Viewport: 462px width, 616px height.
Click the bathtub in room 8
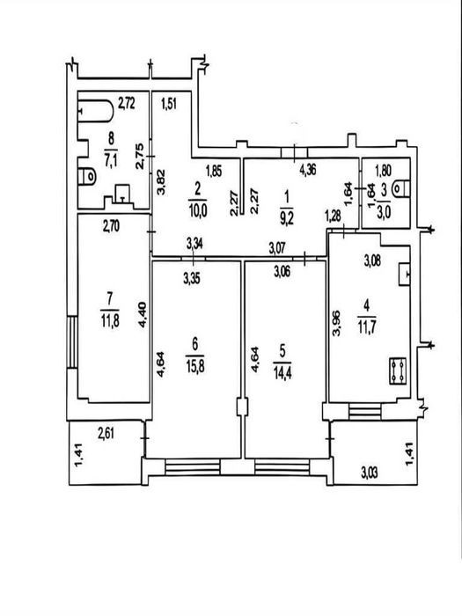pos(95,112)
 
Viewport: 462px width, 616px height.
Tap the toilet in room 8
pos(87,177)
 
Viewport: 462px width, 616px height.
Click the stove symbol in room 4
pos(398,370)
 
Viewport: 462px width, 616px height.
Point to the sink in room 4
pos(404,274)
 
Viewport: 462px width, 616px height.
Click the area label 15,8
pos(195,367)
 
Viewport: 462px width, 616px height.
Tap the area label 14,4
pos(282,372)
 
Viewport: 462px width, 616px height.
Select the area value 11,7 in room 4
pos(367,326)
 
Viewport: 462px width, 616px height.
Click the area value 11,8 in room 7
pos(110,321)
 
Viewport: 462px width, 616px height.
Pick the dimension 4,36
pos(308,170)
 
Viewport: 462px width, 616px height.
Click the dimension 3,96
pos(336,323)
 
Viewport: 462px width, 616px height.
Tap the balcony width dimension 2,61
pos(106,433)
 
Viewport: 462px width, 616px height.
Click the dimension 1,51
pos(169,105)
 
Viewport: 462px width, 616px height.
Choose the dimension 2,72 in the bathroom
pos(127,103)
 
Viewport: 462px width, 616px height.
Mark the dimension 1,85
pos(214,171)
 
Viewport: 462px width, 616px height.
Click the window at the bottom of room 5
pos(282,466)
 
